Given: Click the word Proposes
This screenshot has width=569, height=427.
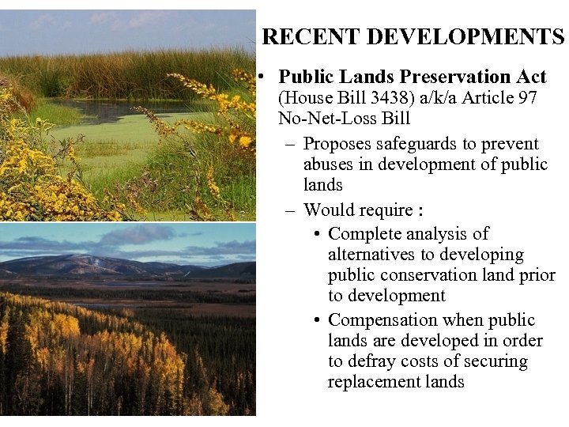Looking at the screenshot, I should point(341,144).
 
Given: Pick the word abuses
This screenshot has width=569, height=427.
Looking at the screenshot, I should point(328,164).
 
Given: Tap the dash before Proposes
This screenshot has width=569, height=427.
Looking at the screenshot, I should point(289,144).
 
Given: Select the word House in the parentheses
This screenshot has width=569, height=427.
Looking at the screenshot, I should point(305,98).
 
